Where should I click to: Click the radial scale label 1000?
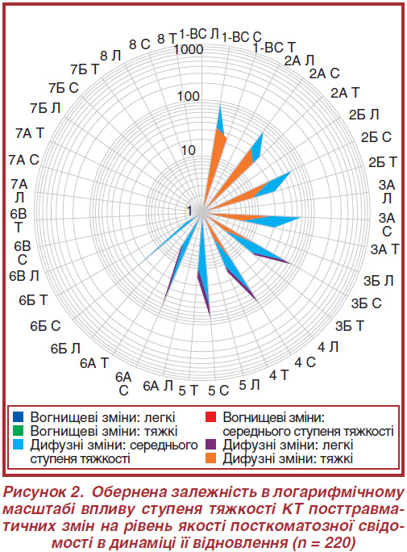coord(189,49)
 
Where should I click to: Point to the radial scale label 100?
coord(189,96)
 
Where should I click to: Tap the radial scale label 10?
coord(189,150)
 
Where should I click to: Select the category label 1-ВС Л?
coord(199,34)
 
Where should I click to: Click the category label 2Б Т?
coord(383,162)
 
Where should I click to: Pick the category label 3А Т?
coord(385,249)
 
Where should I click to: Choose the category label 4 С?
coord(305,362)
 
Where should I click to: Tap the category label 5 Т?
coord(189,391)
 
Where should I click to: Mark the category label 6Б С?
coord(45,326)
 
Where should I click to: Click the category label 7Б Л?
coord(45,108)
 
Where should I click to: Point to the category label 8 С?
coord(139,44)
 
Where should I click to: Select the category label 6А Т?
coord(94,363)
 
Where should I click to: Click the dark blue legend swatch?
coord(18,416)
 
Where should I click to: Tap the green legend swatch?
coord(18,431)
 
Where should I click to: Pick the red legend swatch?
coord(210,416)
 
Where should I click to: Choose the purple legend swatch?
coord(210,445)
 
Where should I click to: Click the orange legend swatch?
coord(210,458)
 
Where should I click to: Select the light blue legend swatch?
coord(18,445)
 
